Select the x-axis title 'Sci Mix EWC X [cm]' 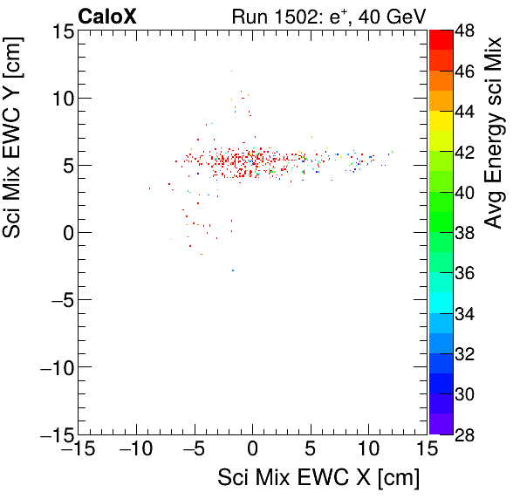coord(318,478)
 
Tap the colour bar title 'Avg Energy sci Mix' coord(494,133)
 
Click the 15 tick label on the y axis coord(61,31)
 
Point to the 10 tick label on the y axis coord(61,99)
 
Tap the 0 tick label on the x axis coord(253,449)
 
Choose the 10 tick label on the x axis coord(368,449)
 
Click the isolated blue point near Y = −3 coord(233,270)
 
